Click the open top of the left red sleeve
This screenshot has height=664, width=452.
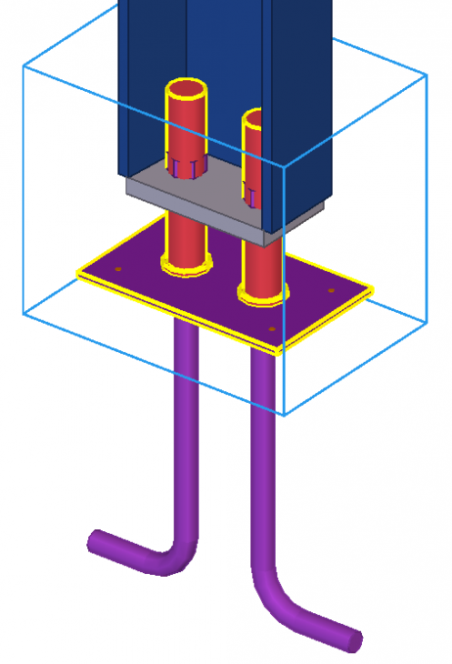point(186,91)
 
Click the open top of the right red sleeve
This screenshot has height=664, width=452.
point(254,119)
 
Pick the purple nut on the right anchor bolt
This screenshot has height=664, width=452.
point(249,192)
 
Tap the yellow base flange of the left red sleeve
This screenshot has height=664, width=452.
point(186,266)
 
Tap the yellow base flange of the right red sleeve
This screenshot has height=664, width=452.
point(262,295)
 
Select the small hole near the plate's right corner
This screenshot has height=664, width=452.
point(331,291)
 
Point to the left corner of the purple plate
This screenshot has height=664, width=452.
point(78,272)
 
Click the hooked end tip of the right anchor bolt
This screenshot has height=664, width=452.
point(354,640)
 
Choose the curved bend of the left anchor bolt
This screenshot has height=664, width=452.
point(178,557)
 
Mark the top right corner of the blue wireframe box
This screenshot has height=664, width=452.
point(427,75)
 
